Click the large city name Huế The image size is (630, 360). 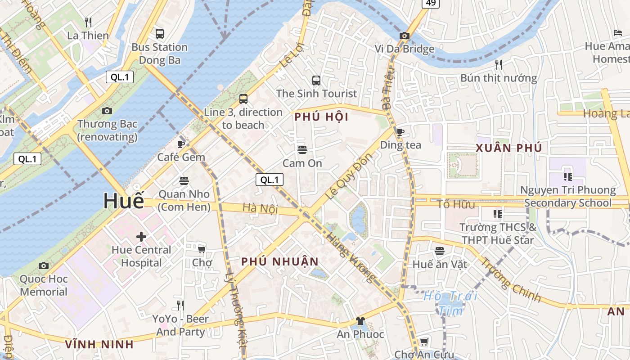(x=124, y=201)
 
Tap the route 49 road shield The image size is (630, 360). (x=430, y=3)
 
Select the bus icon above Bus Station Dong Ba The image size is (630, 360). (x=159, y=33)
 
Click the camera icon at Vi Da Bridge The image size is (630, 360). (x=404, y=36)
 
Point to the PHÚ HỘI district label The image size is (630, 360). (x=321, y=117)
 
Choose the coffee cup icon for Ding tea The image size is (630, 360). (x=400, y=132)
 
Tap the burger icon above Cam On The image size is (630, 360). (x=302, y=149)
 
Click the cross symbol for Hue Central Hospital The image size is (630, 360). (x=141, y=236)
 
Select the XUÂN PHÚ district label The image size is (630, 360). (x=508, y=148)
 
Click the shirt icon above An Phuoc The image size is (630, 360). (x=360, y=321)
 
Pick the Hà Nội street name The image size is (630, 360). (x=260, y=208)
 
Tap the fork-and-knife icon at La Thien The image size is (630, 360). (x=88, y=22)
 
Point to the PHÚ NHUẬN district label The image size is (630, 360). (x=279, y=261)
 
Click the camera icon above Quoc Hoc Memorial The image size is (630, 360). (x=43, y=265)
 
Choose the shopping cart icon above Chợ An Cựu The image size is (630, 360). (x=423, y=342)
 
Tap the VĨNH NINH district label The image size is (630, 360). (x=99, y=345)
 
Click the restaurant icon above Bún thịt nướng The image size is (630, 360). (x=498, y=64)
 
